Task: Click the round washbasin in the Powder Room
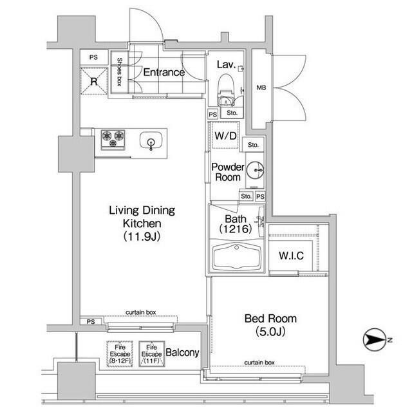[x=254, y=171]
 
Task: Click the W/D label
[x=225, y=136]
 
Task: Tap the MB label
[x=262, y=88]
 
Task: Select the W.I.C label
[x=291, y=256]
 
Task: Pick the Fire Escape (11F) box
[x=151, y=352]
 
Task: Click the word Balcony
[x=183, y=353]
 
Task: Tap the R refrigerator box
[x=94, y=80]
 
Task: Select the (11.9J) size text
[x=141, y=236]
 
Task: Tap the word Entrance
[x=164, y=72]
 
